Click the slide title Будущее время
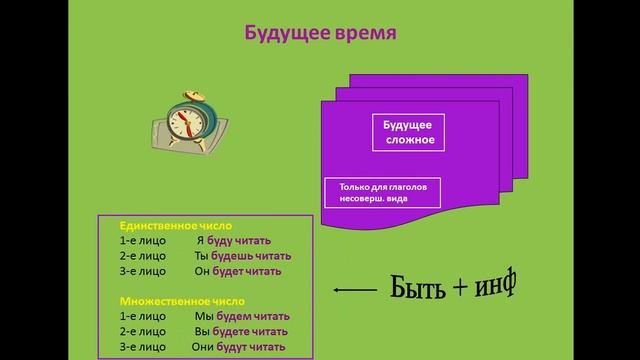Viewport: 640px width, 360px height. pyautogui.click(x=321, y=33)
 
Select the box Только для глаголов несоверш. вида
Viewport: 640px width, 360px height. pyautogui.click(x=383, y=192)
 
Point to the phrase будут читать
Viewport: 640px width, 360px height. pyautogui.click(x=255, y=346)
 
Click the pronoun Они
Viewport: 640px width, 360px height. pyautogui.click(x=205, y=346)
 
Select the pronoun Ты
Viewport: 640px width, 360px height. pyautogui.click(x=200, y=256)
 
